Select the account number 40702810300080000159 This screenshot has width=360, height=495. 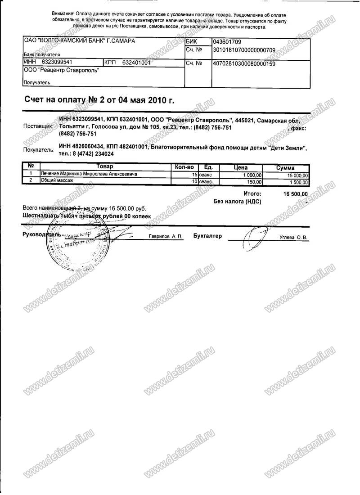[x=243, y=64]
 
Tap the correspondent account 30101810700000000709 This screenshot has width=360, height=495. [x=243, y=50]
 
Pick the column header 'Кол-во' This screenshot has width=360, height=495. [x=184, y=167]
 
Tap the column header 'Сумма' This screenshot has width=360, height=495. [x=285, y=167]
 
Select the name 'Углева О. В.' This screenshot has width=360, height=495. [x=293, y=237]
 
